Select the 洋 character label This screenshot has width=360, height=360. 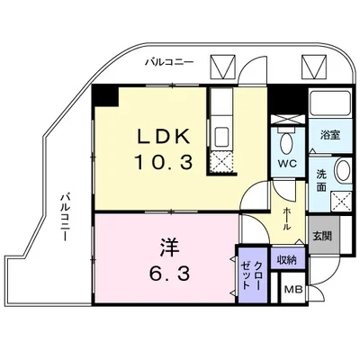(x=162, y=243)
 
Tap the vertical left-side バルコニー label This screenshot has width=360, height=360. (x=66, y=216)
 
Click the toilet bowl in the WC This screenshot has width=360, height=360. (x=286, y=142)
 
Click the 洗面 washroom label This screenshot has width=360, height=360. (x=321, y=181)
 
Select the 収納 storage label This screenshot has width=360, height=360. (x=287, y=259)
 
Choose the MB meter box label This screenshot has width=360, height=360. (x=293, y=290)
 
